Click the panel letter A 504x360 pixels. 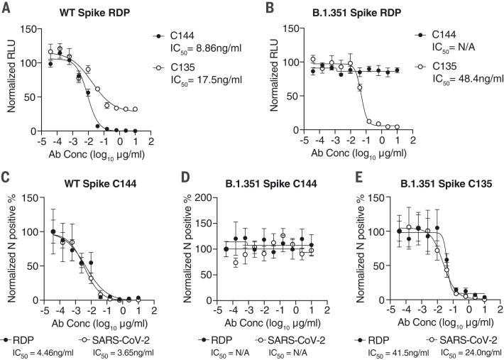(x=6, y=9)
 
